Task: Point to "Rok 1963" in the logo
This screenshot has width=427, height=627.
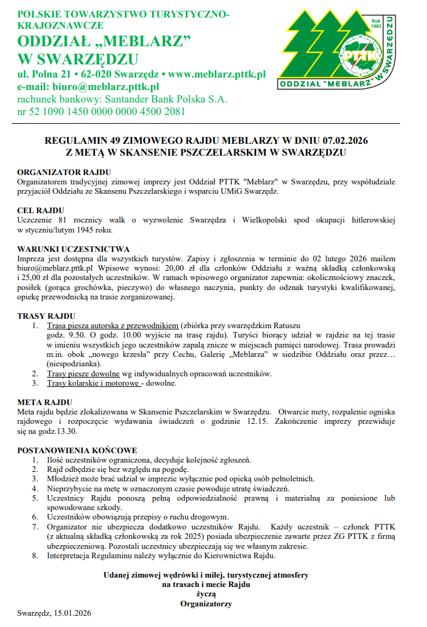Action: click(x=376, y=24)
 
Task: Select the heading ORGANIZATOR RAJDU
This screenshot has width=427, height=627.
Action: click(x=64, y=172)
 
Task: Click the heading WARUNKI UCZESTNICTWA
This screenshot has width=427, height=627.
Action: click(x=73, y=249)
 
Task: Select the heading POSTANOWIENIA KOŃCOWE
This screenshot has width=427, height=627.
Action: click(x=77, y=450)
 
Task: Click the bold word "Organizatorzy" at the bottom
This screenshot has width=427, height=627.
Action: click(x=205, y=604)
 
